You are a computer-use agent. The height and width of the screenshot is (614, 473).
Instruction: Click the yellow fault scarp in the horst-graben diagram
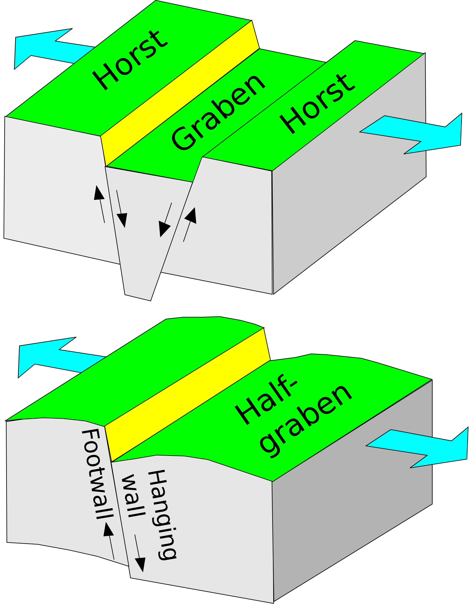tap(180, 93)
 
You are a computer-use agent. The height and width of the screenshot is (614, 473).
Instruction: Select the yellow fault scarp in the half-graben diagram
tap(187, 394)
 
